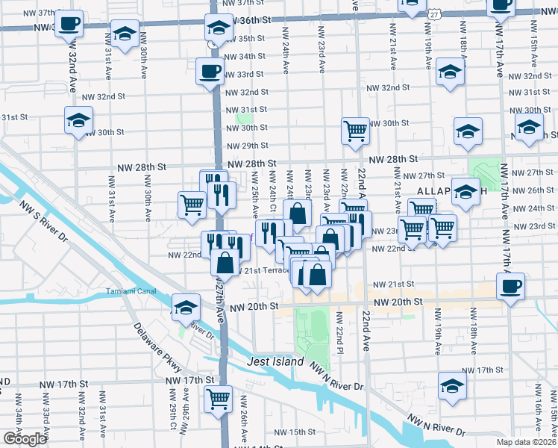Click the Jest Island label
275,362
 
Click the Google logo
24,439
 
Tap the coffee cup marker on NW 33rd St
209,72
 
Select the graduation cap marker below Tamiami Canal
185,307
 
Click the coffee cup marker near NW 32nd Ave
69,23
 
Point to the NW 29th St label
246,146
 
